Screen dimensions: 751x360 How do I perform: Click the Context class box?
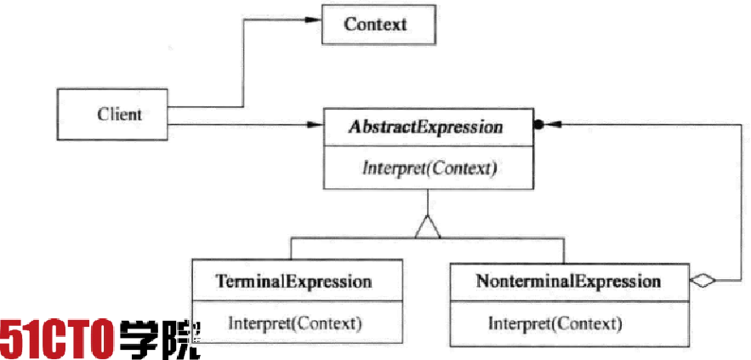click(378, 25)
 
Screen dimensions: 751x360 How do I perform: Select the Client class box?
click(112, 114)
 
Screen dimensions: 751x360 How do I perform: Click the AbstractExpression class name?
click(426, 127)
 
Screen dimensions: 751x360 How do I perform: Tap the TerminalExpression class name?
click(293, 281)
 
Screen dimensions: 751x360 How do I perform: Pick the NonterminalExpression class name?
click(568, 281)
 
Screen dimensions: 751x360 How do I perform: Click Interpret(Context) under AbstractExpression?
click(429, 169)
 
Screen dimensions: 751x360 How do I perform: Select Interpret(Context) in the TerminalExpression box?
click(294, 323)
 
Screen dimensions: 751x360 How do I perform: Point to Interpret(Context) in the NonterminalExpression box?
click(555, 323)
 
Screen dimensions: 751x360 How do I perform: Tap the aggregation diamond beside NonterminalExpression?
click(703, 281)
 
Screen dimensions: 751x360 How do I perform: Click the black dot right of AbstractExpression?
click(538, 125)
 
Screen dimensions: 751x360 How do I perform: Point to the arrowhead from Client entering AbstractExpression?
click(314, 125)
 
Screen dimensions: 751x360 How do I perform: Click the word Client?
click(119, 115)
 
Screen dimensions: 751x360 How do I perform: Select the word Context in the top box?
click(375, 24)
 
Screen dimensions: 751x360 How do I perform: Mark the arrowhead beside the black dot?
click(552, 124)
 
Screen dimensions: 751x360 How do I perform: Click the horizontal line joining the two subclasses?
click(427, 238)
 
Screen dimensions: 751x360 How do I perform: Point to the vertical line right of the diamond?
click(741, 203)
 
